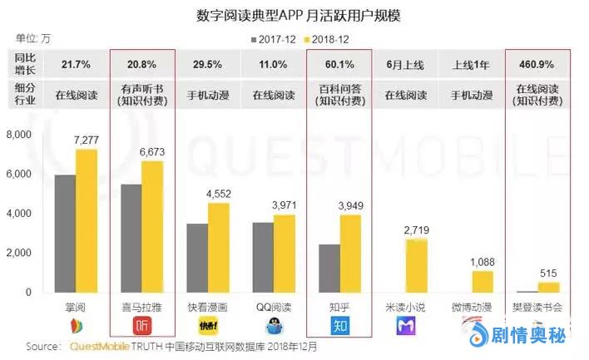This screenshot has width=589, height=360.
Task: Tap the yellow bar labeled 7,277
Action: tap(87, 220)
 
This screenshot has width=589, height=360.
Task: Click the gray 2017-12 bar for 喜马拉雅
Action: tap(131, 238)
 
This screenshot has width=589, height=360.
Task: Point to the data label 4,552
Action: tap(218, 193)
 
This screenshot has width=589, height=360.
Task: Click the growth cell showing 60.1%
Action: tap(339, 63)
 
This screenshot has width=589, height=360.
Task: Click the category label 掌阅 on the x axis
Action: tap(76, 305)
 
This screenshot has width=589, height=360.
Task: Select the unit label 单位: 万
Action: tap(33, 38)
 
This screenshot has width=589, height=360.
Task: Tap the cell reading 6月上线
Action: tap(405, 63)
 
